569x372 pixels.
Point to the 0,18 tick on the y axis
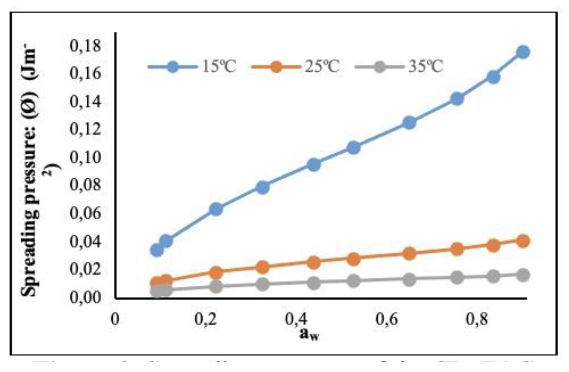(85, 46)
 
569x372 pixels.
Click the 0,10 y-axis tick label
(85, 157)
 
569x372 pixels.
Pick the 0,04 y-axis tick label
(85, 241)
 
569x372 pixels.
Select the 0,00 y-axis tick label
(85, 297)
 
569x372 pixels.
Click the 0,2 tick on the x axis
(206, 319)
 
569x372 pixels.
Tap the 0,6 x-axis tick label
(386, 319)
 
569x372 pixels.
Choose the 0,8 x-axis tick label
(477, 319)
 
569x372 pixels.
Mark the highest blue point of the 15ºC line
(523, 52)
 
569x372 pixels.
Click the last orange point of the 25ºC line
(523, 241)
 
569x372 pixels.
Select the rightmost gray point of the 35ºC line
(523, 275)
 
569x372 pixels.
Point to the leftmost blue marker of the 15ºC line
(157, 250)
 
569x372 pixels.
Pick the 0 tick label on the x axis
(115, 319)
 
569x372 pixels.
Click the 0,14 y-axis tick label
(85, 102)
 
